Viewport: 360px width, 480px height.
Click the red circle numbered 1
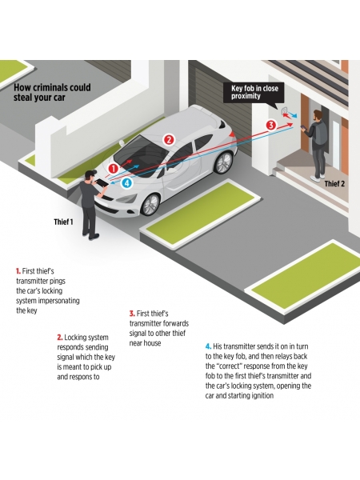coord(114,168)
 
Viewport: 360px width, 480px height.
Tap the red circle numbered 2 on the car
coord(168,140)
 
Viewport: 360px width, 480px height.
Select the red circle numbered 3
coord(271,126)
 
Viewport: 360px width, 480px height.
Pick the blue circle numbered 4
coord(127,183)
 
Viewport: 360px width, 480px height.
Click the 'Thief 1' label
coord(64,222)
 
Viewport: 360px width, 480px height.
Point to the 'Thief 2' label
coord(334,183)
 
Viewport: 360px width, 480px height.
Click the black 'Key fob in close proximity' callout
coord(254,93)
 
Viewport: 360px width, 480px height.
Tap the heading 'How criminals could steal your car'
coord(52,92)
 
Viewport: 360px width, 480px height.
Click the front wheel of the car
coord(151,205)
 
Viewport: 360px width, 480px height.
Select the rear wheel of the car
coord(224,162)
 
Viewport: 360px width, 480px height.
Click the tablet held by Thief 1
coord(102,182)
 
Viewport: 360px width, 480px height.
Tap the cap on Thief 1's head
coord(90,174)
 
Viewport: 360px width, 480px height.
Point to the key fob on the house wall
coord(285,110)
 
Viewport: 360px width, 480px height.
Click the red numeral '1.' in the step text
coord(18,271)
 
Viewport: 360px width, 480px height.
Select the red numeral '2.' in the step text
coord(60,338)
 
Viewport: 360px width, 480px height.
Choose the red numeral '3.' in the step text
coord(132,314)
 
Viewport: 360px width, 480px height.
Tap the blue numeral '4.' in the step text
coord(208,346)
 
